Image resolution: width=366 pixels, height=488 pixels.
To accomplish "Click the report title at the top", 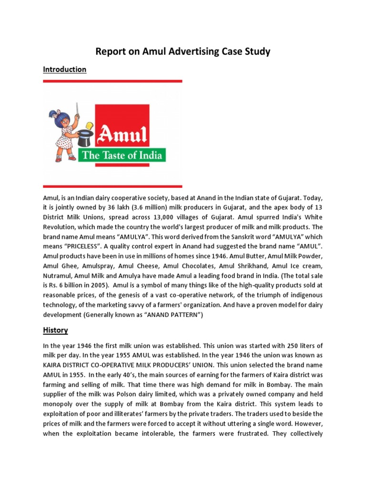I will coord(183,51).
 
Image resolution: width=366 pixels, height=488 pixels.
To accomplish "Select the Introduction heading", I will coord(64,70).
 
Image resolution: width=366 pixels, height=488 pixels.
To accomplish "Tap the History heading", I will coord(55,330).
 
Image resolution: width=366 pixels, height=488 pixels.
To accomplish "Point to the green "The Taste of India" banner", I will coord(130,155).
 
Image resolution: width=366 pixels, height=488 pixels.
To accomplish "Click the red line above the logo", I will coord(112,81).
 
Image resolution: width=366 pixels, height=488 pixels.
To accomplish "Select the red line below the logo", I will coord(112,186).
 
